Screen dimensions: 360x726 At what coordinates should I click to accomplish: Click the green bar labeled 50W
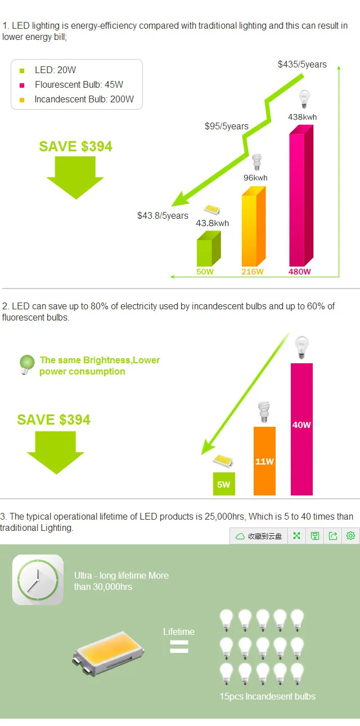point(209,248)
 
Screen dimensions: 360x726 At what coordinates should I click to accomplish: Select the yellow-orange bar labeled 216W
point(254,226)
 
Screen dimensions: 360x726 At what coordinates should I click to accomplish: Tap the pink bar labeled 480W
point(301,196)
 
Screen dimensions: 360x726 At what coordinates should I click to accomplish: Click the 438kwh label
point(302,117)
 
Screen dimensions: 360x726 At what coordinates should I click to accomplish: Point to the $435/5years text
point(302,64)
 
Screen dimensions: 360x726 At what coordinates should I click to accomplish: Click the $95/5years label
point(226,126)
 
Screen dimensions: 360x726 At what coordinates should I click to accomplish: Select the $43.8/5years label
point(163,215)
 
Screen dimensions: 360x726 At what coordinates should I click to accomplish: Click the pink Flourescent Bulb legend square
point(22,85)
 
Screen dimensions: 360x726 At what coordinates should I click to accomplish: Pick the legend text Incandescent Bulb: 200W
point(84,99)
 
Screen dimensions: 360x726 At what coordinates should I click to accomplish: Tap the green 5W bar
point(224,484)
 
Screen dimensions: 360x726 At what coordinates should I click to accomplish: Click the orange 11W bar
point(264,461)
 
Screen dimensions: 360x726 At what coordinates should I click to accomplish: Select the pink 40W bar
point(301,429)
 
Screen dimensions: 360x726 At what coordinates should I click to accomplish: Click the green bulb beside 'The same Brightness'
point(26,364)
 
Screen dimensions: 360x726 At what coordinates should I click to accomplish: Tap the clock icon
point(38,580)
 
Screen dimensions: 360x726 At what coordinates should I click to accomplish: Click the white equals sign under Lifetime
point(179,647)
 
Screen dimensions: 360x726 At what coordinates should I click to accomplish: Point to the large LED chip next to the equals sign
point(109,653)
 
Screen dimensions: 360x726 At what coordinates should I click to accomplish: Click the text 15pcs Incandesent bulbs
point(268,697)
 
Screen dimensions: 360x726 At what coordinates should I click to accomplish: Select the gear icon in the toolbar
point(350,536)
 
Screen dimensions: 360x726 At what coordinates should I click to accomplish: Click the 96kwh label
point(255,178)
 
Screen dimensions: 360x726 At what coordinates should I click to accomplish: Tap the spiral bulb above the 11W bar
point(264,412)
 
